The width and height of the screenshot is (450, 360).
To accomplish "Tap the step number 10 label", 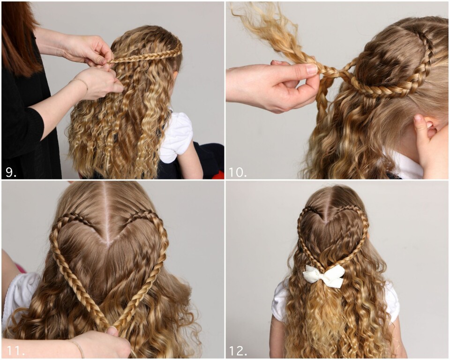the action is pos(238,172).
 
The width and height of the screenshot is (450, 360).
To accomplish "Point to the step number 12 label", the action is pos(238,350).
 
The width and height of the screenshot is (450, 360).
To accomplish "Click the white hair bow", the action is pos(324,276).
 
